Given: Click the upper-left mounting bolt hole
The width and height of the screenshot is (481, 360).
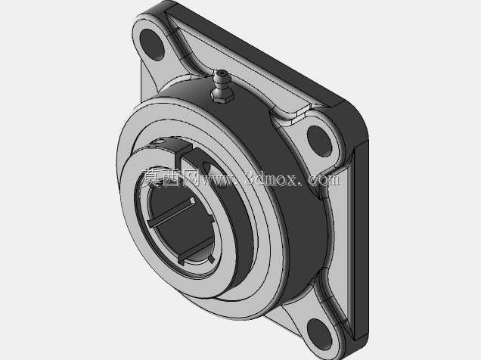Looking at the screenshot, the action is click(x=152, y=45).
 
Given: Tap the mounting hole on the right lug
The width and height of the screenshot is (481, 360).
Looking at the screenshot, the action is click(x=319, y=141).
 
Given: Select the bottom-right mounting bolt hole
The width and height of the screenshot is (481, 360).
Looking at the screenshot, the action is click(x=319, y=334).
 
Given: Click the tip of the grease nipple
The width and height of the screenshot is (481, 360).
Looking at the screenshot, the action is click(x=222, y=73).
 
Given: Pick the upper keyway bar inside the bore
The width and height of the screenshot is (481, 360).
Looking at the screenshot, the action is click(x=171, y=212).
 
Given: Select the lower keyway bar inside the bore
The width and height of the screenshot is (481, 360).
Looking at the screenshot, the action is click(x=196, y=250).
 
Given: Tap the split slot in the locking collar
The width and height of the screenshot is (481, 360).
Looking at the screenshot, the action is click(x=184, y=154).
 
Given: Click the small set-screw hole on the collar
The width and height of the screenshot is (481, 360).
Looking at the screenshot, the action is click(x=208, y=167).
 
